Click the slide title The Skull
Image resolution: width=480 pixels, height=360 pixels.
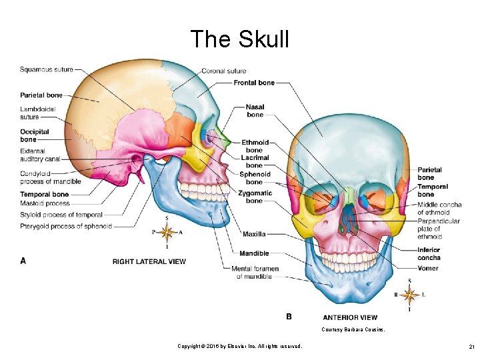click(x=239, y=39)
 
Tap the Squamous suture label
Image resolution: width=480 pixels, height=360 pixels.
click(x=46, y=69)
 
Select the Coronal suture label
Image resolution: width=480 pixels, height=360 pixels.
click(x=223, y=71)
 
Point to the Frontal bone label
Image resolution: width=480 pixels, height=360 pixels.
click(x=254, y=83)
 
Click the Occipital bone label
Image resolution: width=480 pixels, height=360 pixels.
click(x=34, y=135)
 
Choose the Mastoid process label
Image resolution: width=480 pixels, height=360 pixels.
click(x=45, y=203)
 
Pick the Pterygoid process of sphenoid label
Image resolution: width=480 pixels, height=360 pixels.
click(x=66, y=227)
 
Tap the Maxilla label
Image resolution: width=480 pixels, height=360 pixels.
click(x=254, y=234)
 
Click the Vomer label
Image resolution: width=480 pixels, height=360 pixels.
click(x=428, y=268)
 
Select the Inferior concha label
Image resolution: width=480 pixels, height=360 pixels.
click(x=429, y=253)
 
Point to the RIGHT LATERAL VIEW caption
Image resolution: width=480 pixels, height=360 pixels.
click(x=149, y=261)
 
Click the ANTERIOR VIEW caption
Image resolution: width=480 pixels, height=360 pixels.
click(x=350, y=317)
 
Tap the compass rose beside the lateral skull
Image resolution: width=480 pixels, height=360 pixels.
click(x=167, y=232)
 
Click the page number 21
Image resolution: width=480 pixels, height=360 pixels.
click(x=471, y=346)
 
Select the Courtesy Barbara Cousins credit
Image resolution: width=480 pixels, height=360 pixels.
click(x=353, y=330)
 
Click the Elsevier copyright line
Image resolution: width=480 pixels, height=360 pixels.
click(x=239, y=346)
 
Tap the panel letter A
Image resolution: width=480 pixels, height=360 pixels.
click(x=23, y=261)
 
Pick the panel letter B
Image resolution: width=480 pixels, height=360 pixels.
click(x=289, y=317)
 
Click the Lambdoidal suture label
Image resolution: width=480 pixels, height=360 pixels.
click(x=38, y=113)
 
